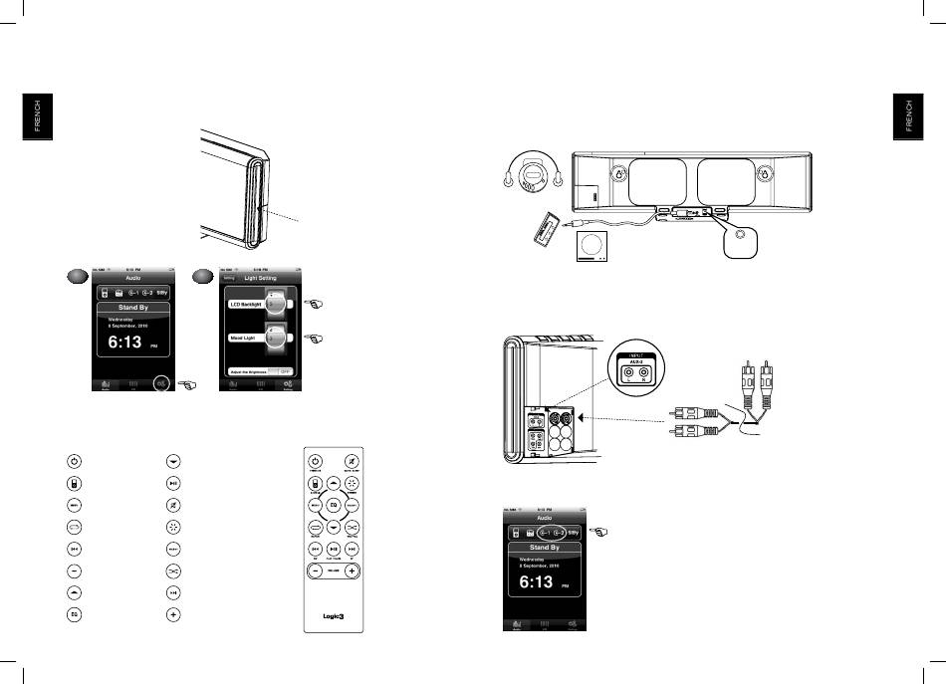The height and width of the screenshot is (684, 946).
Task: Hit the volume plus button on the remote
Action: point(352,573)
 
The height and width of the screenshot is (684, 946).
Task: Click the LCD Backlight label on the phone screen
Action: point(246,305)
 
